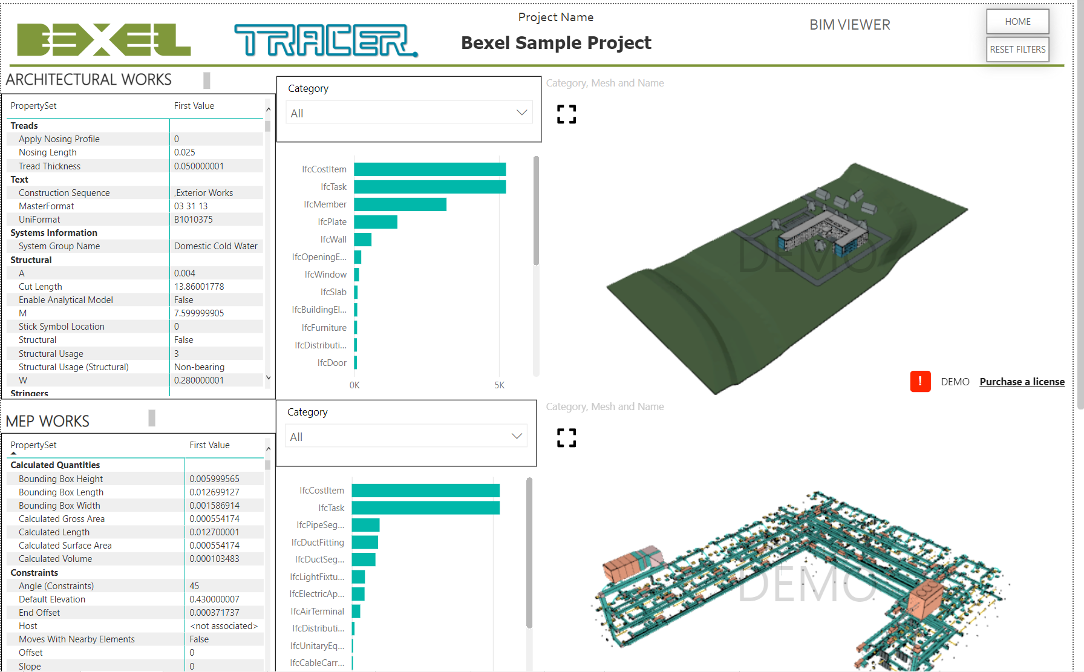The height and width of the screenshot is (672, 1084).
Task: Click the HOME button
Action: coord(1017,22)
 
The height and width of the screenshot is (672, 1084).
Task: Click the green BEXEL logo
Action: coord(104,40)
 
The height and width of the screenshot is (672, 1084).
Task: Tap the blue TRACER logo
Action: coord(326,41)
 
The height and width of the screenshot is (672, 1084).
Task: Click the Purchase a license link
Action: coord(1022,382)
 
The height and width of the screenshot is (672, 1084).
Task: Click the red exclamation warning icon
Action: coord(920,381)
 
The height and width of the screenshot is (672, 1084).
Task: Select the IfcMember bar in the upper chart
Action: coord(400,204)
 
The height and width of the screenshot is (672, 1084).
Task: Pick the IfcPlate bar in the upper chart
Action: coord(376,222)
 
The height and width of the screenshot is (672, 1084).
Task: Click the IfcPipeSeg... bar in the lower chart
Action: coord(365,525)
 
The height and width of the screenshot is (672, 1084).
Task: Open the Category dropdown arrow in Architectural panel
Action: coord(521,113)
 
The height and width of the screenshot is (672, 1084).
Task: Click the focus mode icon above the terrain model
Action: coord(566,114)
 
